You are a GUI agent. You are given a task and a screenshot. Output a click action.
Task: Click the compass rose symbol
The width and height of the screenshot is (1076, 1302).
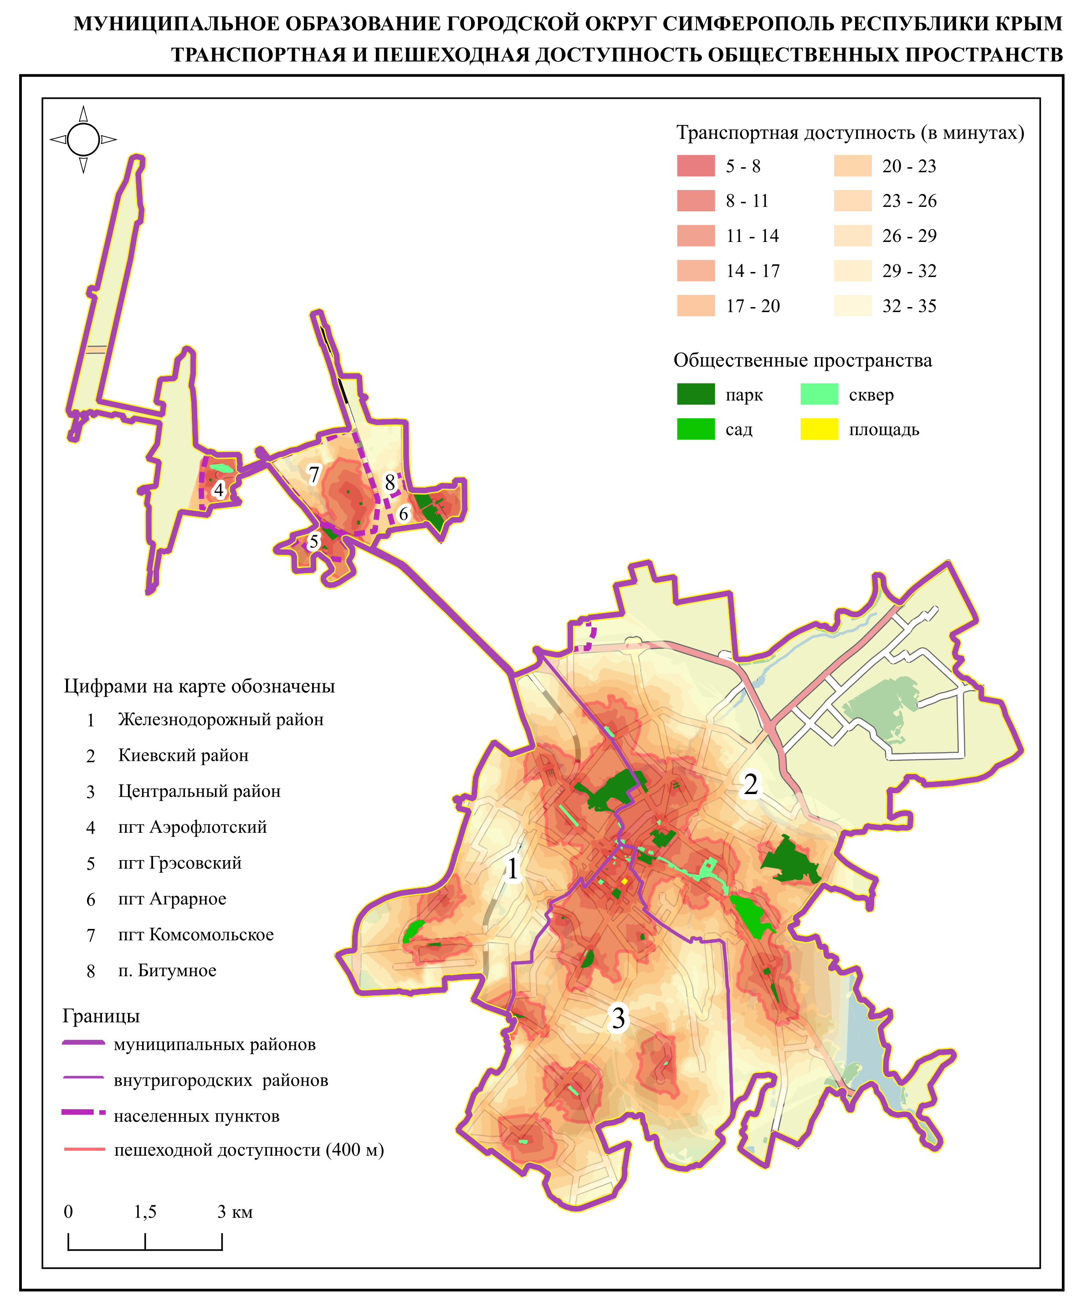pyautogui.click(x=83, y=139)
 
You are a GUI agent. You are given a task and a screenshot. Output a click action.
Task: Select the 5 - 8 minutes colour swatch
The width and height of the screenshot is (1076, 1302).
pyautogui.click(x=696, y=166)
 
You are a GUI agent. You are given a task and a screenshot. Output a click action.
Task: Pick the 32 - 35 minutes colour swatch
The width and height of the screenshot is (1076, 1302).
pyautogui.click(x=852, y=306)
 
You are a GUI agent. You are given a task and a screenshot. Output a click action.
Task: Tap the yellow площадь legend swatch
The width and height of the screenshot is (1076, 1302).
pyautogui.click(x=819, y=430)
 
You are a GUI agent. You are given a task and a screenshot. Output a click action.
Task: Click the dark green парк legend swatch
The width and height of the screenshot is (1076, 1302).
pyautogui.click(x=696, y=395)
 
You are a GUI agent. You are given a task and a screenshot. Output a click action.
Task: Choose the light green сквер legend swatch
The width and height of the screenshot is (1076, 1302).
pyautogui.click(x=819, y=395)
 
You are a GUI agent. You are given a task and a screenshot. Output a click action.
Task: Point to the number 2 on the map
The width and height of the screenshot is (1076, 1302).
pyautogui.click(x=751, y=784)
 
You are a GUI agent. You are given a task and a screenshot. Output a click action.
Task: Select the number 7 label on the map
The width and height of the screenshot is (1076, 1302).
pyautogui.click(x=313, y=475)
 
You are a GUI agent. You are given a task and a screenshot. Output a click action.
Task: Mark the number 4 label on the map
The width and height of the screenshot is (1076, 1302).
pyautogui.click(x=218, y=490)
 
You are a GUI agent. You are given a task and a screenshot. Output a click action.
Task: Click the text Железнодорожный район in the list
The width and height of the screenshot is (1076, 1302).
pyautogui.click(x=220, y=719)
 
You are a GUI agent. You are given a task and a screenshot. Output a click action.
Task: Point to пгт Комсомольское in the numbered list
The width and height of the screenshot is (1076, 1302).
pyautogui.click(x=196, y=934)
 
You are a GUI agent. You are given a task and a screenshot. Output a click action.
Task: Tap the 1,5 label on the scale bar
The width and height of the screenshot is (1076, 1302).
pyautogui.click(x=145, y=1211)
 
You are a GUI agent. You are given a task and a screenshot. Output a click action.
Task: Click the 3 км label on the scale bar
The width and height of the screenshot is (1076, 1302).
pyautogui.click(x=235, y=1211)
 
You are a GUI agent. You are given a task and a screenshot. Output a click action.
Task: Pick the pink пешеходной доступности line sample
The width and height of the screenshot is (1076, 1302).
pyautogui.click(x=84, y=1149)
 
